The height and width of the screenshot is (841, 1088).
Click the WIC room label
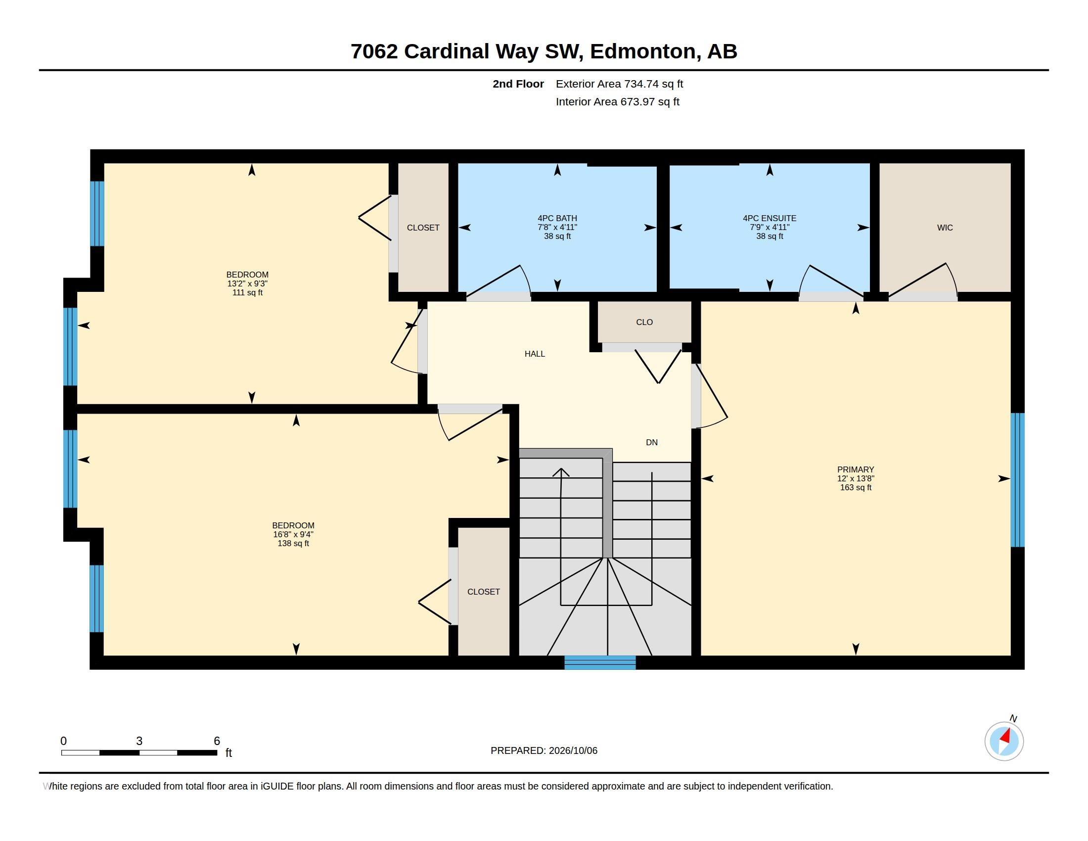coord(945,228)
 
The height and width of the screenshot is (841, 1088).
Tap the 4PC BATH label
coord(557,218)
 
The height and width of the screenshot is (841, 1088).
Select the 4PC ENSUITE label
coord(769,218)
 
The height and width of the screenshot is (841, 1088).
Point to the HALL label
coord(535,354)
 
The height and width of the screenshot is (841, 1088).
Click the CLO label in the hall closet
coord(644,323)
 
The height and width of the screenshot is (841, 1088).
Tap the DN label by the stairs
coord(652,442)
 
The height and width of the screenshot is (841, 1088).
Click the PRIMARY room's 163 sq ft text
coord(856,487)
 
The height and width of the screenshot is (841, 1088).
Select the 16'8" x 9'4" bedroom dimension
coord(293,534)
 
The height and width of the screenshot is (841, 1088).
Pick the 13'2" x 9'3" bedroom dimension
coord(247,283)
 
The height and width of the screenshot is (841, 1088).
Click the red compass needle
coord(1005,736)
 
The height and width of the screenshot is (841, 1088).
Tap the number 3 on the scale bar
coord(139,741)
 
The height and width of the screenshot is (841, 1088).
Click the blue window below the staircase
coord(600,662)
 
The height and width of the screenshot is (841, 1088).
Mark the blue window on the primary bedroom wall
coord(1017,480)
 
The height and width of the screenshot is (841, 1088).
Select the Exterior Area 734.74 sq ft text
coord(619,84)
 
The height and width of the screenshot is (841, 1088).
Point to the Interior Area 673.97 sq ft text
coord(617,101)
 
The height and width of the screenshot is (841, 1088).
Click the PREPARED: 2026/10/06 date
coord(544,750)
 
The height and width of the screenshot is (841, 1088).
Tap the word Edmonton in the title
coord(642,51)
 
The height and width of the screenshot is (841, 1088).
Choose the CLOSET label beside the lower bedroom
coord(483,592)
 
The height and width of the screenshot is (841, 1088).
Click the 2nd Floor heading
coord(518,84)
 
